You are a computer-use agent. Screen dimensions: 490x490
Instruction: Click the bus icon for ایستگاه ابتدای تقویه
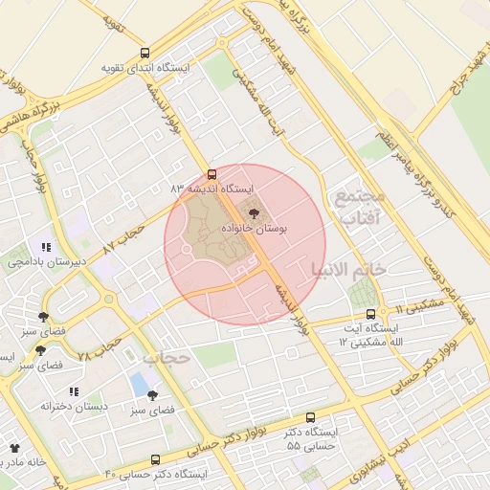tap(145, 54)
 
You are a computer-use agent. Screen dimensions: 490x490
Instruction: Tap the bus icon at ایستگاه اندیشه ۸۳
tap(212, 174)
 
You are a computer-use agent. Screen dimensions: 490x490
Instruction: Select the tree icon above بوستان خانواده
tap(254, 214)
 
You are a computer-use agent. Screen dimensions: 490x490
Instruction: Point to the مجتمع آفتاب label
tap(358, 208)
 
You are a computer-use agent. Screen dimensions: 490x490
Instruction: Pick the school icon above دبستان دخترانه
tap(74, 391)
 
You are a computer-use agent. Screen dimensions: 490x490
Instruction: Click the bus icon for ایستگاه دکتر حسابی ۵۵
tap(310, 417)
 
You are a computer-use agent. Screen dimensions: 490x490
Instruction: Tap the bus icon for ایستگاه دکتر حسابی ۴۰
tap(156, 459)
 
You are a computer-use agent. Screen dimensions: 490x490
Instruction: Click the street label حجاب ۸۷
tap(122, 237)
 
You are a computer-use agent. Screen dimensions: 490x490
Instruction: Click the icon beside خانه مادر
tap(13, 447)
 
